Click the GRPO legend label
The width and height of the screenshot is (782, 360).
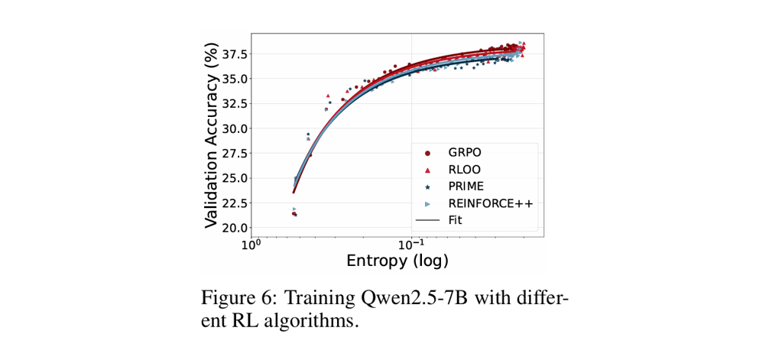465,152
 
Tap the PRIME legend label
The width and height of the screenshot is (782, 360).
466,186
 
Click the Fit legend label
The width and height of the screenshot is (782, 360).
456,219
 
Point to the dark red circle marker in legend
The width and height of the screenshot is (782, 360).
427,152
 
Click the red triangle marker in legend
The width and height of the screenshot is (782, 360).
427,169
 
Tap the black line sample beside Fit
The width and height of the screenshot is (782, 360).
427,219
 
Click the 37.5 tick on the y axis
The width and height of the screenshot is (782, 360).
234,54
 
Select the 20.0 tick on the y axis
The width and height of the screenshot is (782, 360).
234,227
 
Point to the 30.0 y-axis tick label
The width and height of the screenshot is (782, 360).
234,128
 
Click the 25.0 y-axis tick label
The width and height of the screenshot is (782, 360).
234,177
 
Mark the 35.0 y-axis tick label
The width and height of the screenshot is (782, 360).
234,78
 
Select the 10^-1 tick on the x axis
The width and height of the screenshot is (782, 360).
410,245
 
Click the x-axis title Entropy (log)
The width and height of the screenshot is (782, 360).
397,261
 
